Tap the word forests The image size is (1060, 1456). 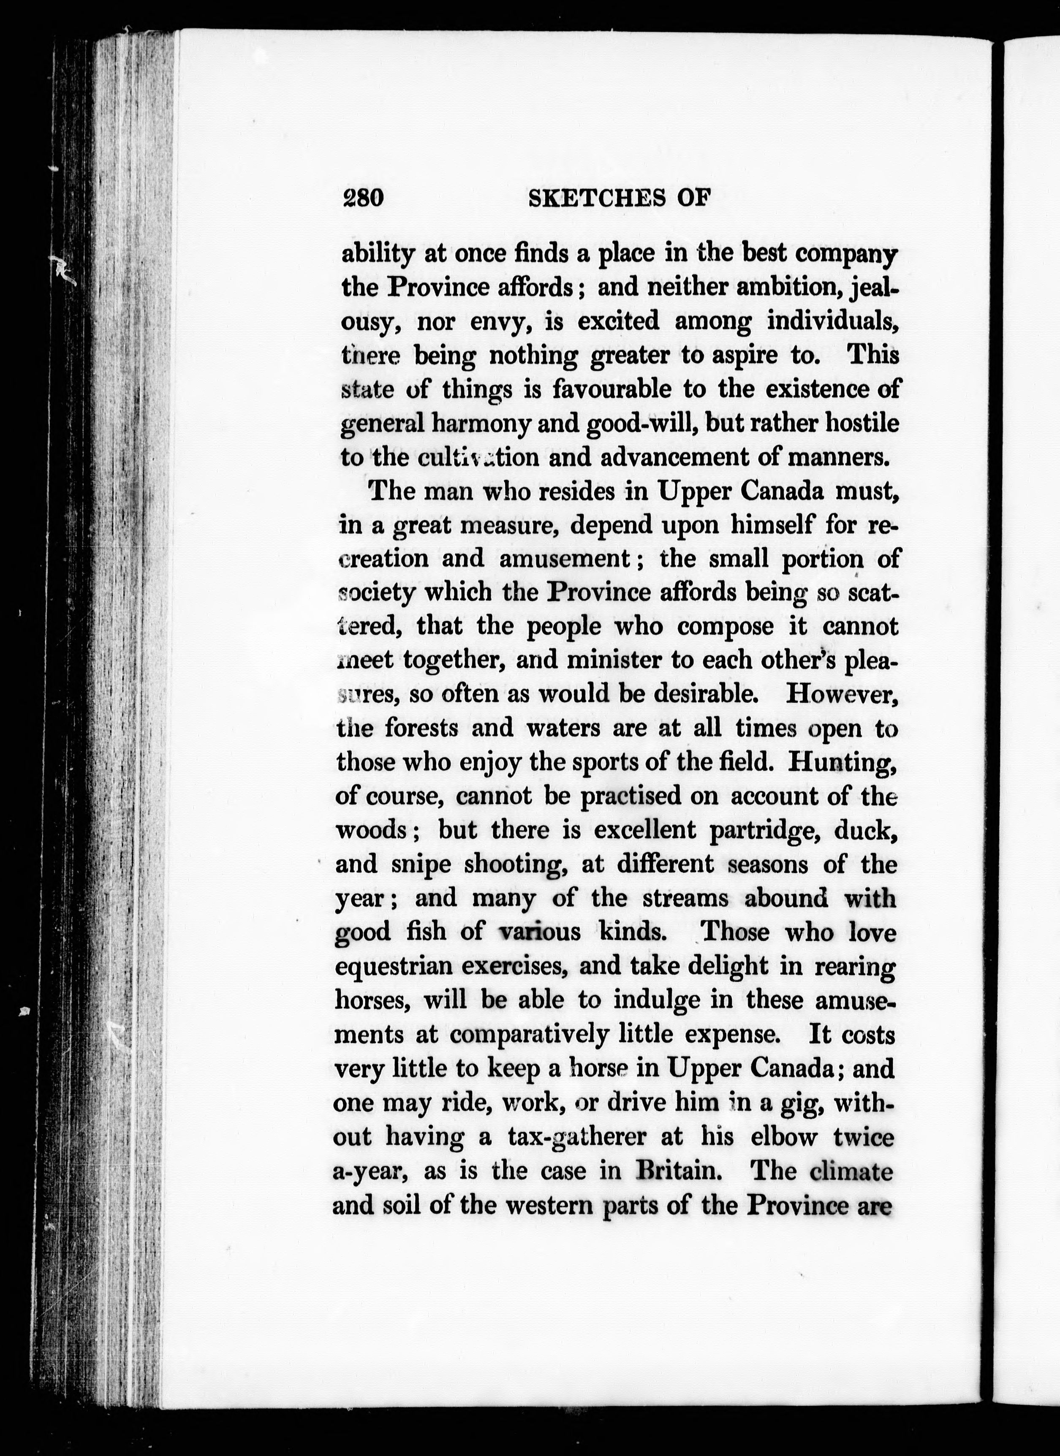coord(421,728)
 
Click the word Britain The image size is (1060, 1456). coord(675,1170)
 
